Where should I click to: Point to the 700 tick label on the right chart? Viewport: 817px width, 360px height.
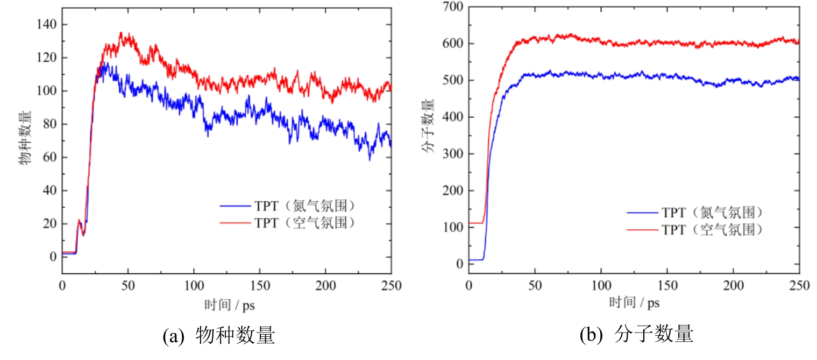tap(452, 7)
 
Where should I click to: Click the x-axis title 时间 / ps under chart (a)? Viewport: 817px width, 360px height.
tap(229, 305)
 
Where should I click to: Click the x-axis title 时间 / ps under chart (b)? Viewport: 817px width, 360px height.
tap(635, 302)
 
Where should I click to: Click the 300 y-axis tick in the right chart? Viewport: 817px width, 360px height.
tap(452, 154)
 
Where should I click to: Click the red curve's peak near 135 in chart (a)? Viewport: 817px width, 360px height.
tap(120, 33)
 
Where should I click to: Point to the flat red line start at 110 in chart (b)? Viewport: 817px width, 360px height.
tap(475, 223)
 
